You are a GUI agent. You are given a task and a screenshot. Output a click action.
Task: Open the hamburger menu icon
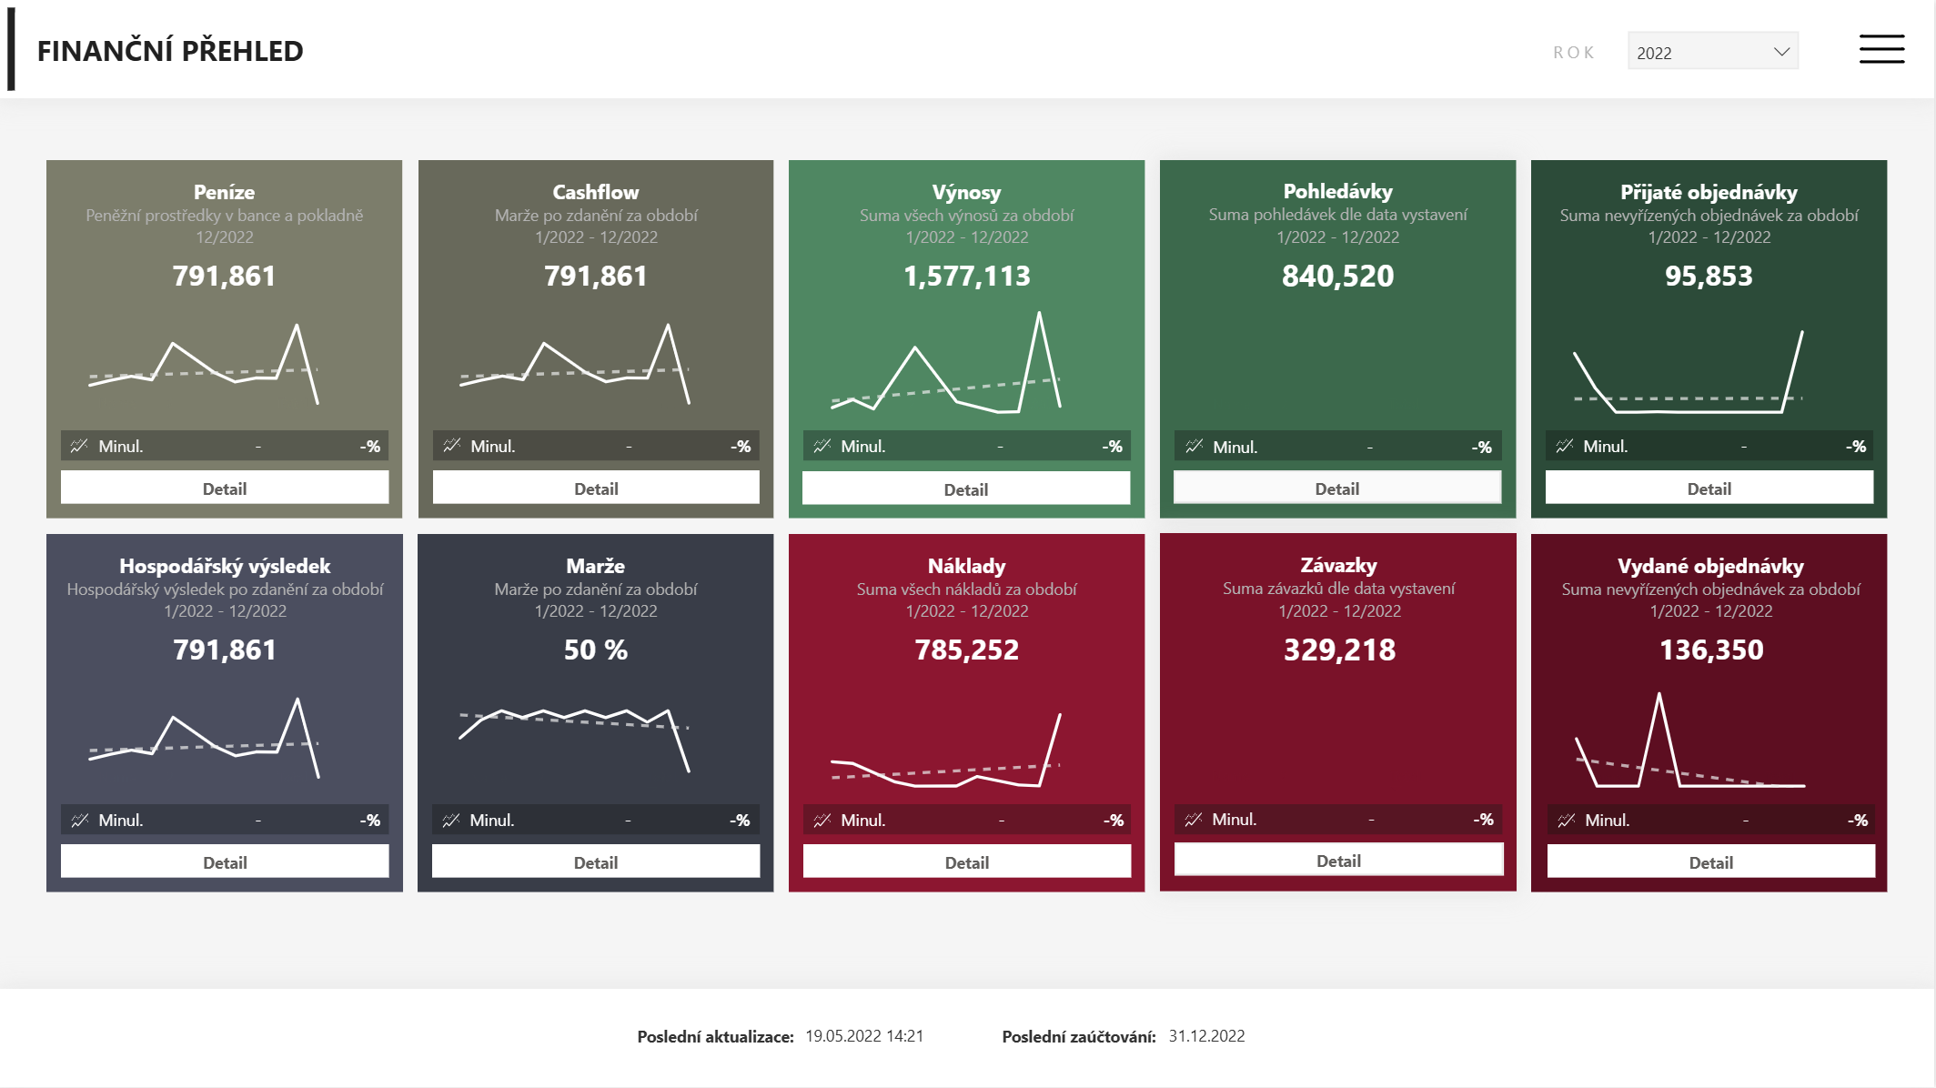(x=1881, y=49)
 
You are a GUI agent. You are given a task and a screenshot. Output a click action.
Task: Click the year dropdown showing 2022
(x=1712, y=52)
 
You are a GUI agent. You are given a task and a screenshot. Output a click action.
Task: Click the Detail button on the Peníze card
(x=225, y=488)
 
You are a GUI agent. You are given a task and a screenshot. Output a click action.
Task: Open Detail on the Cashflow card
(x=596, y=488)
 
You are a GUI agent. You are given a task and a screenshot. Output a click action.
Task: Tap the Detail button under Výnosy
(x=966, y=489)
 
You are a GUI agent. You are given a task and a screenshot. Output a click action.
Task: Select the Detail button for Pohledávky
(x=1337, y=488)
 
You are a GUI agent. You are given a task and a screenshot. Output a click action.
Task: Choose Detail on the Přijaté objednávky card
(x=1709, y=488)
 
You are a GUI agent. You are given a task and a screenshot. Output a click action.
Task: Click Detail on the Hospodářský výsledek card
(x=225, y=861)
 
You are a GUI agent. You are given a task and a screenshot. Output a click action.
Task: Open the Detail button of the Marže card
(x=596, y=861)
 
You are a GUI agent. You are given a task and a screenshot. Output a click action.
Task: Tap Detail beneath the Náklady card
(x=967, y=861)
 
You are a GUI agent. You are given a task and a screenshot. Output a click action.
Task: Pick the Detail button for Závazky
(x=1338, y=860)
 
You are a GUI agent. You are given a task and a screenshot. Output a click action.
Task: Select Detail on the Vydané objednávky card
(x=1710, y=861)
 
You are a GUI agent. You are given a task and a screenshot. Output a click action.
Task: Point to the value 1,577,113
(x=966, y=276)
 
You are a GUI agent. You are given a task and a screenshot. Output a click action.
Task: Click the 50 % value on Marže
(x=596, y=650)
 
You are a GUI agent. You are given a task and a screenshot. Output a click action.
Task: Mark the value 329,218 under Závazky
(x=1339, y=650)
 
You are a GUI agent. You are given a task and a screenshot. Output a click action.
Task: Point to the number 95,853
(x=1709, y=276)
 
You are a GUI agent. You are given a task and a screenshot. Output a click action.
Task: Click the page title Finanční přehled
(x=170, y=51)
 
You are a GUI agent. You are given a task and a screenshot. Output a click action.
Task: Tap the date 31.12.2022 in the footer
(x=1206, y=1036)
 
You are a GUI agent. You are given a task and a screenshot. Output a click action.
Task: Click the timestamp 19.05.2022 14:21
(x=864, y=1036)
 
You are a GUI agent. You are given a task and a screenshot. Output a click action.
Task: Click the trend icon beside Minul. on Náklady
(x=822, y=820)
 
